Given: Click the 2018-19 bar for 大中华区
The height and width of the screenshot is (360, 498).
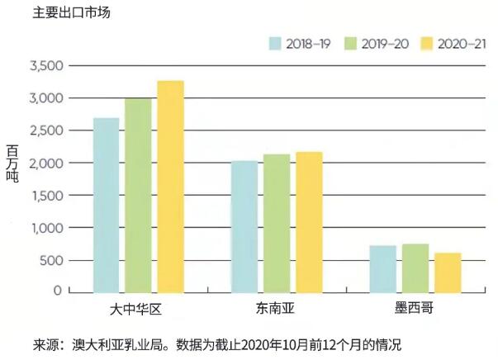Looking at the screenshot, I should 106,204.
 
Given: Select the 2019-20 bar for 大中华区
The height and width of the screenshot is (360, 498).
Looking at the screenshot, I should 138,194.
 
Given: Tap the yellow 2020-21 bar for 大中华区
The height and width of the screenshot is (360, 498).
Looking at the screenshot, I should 170,186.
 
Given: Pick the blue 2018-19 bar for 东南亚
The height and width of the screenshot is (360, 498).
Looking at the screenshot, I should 244,225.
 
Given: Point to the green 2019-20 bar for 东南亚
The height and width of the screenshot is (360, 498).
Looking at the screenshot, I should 276,222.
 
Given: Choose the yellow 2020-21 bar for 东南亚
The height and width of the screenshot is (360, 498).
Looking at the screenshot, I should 309,221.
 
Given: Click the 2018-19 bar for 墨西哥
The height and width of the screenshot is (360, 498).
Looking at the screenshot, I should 382,268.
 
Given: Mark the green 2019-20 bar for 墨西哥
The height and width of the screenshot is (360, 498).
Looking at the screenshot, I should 415,268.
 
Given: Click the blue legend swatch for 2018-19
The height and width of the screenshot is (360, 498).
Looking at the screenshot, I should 275,44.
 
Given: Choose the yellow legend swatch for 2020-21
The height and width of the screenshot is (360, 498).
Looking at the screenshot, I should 426,44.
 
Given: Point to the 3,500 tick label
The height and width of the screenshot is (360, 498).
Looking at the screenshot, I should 45,66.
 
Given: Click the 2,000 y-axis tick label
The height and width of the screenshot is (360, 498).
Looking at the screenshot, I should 45,163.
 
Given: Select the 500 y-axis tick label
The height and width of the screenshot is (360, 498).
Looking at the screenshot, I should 51,260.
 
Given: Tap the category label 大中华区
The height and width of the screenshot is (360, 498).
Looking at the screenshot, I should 138,309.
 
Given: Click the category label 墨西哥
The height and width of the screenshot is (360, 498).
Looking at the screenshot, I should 415,309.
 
